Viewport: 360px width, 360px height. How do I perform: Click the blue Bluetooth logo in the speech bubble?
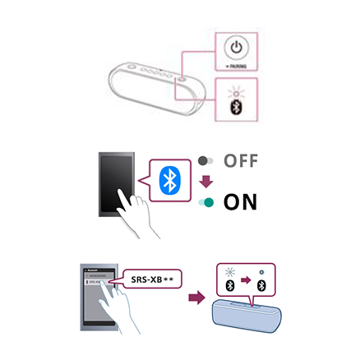tap(168, 180)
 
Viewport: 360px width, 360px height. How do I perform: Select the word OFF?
tap(241, 161)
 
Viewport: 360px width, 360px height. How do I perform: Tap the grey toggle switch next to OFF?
tap(205, 162)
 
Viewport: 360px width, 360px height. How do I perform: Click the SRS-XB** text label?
tap(155, 279)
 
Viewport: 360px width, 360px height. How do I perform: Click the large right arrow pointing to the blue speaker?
tap(196, 294)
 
